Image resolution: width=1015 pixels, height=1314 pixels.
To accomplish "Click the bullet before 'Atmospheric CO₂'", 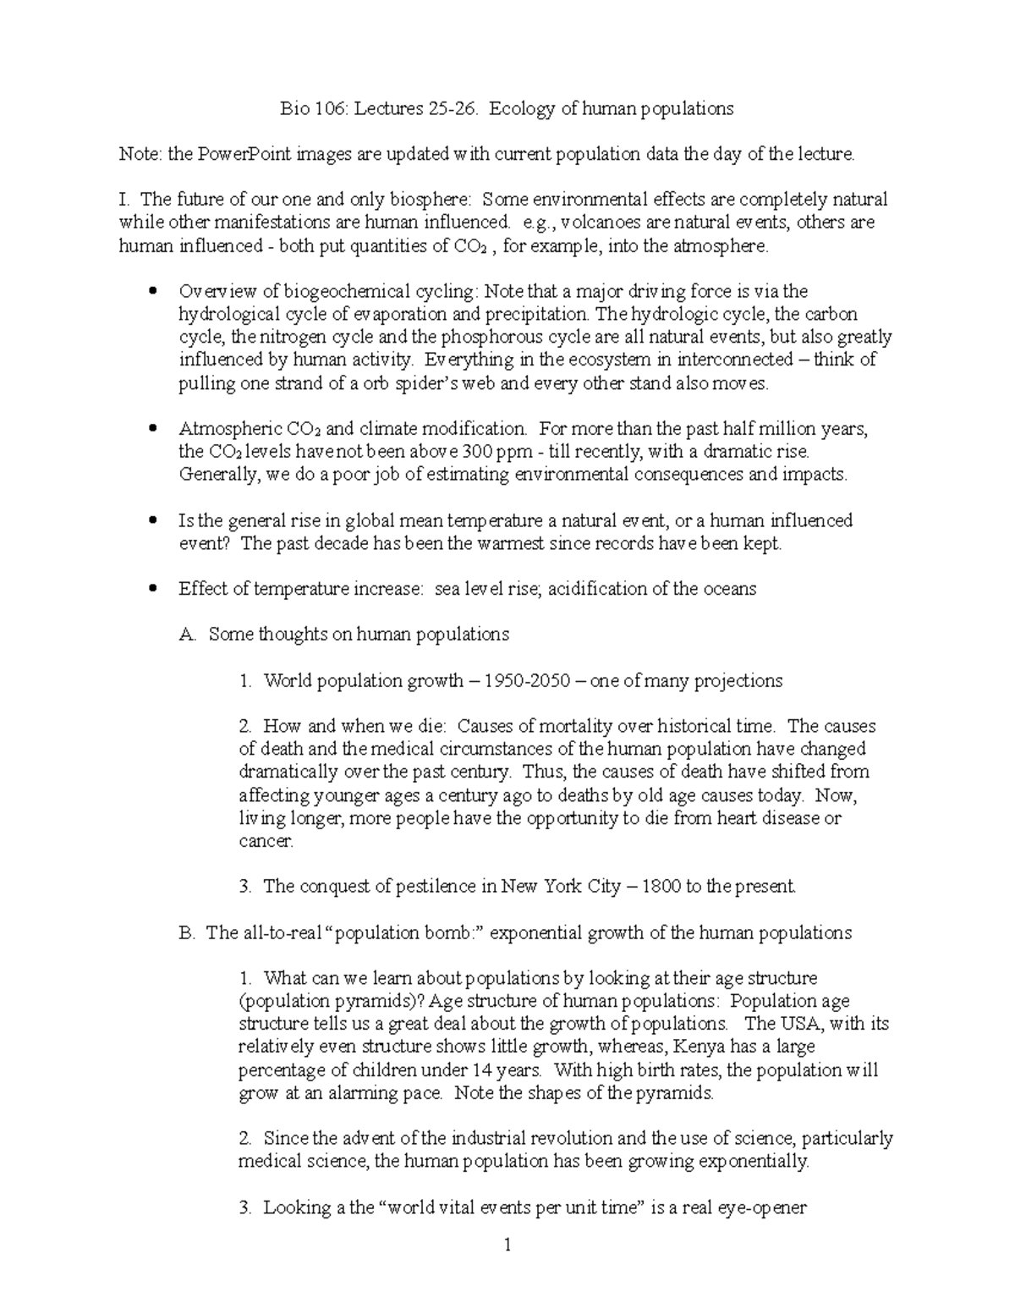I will pyautogui.click(x=152, y=429).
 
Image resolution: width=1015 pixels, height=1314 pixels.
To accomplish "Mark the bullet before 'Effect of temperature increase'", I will pyautogui.click(x=152, y=589).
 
